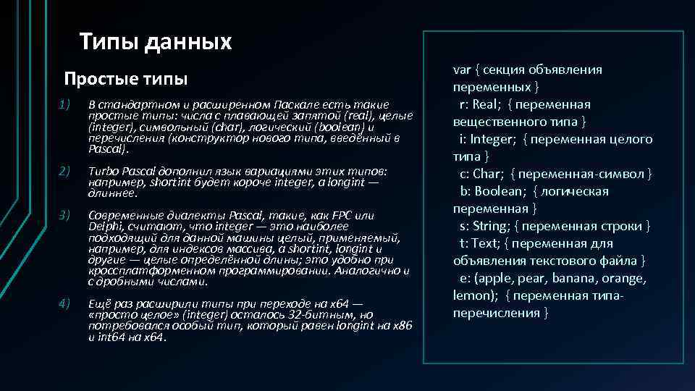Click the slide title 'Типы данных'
point(156,42)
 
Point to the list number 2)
point(64,171)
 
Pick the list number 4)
point(64,303)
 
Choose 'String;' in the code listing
point(489,227)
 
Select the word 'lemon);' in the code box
point(477,296)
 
